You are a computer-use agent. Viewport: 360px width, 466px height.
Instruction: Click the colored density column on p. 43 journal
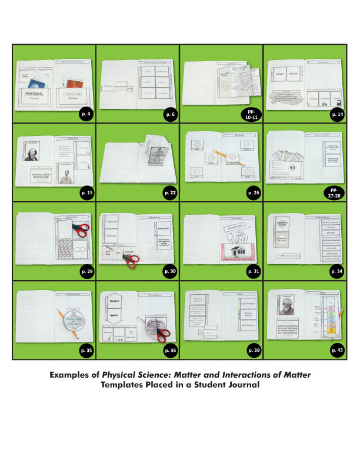tap(330, 321)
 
